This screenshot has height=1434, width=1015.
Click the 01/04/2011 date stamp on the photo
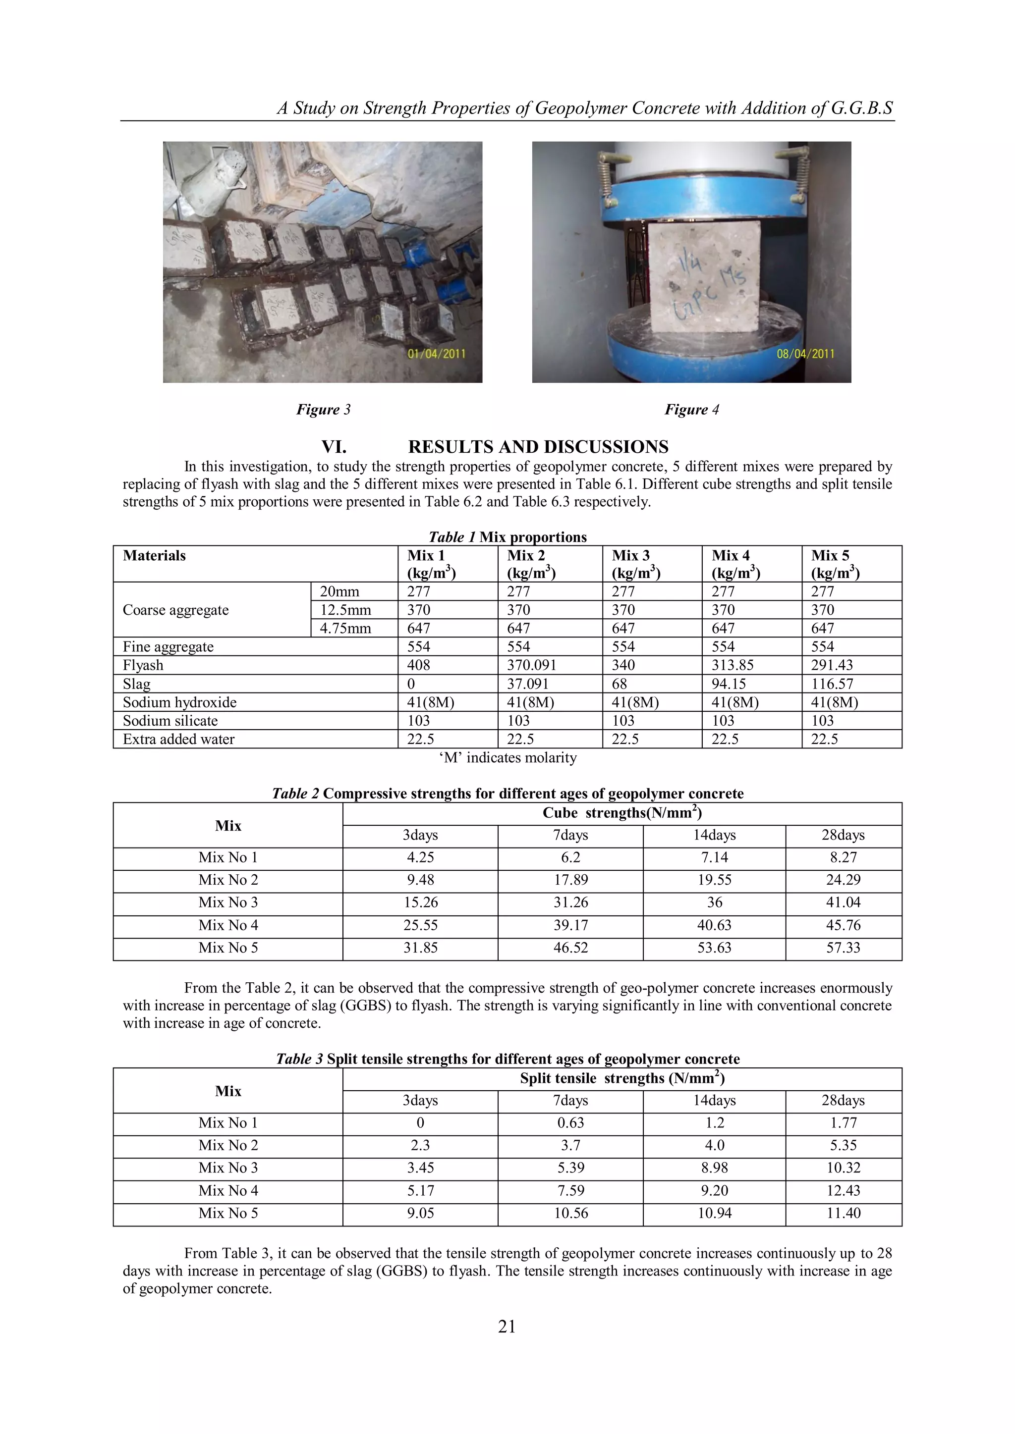pyautogui.click(x=436, y=354)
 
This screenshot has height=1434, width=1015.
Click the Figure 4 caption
pyautogui.click(x=691, y=410)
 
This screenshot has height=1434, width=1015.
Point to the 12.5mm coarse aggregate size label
pyautogui.click(x=345, y=610)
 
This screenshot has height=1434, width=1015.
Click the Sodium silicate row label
pyautogui.click(x=170, y=721)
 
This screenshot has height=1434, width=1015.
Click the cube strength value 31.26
pyautogui.click(x=570, y=903)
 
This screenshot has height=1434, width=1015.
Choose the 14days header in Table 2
pyautogui.click(x=714, y=835)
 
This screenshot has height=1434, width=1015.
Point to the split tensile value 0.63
pyautogui.click(x=570, y=1122)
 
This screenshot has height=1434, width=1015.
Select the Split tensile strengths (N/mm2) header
pyautogui.click(x=622, y=1079)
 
